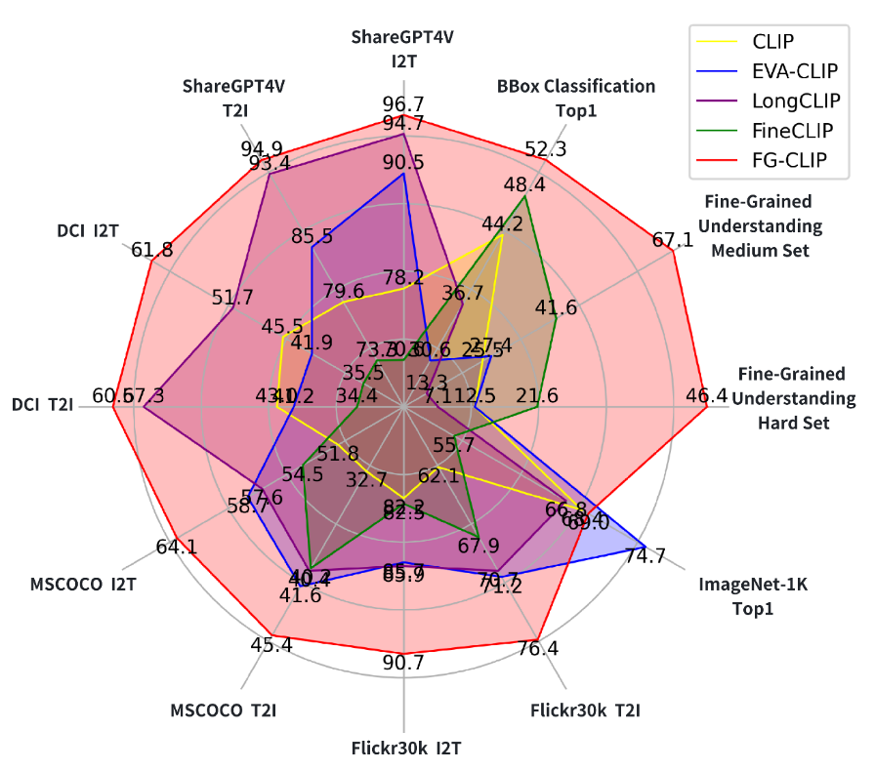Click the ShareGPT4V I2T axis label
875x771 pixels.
pyautogui.click(x=403, y=49)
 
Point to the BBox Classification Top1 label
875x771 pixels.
pyautogui.click(x=576, y=98)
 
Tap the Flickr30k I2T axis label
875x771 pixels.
pyautogui.click(x=405, y=749)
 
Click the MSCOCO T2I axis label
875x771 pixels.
pyautogui.click(x=223, y=710)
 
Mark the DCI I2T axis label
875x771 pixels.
pyautogui.click(x=89, y=231)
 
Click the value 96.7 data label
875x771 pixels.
pyautogui.click(x=403, y=103)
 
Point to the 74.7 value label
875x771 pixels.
pyautogui.click(x=646, y=556)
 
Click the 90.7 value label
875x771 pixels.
pyautogui.click(x=403, y=662)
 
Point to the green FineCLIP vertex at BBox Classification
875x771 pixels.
pyautogui.click(x=525, y=196)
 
